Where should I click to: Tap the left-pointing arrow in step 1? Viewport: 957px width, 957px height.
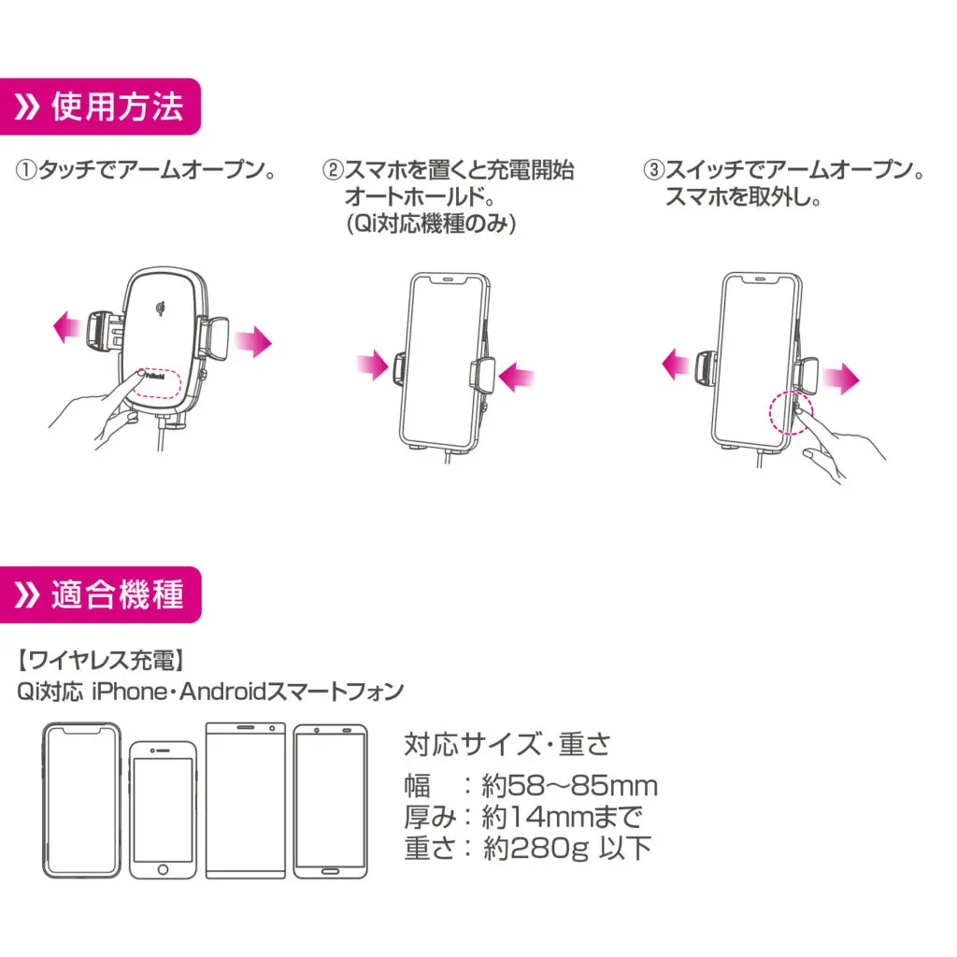[x=66, y=329]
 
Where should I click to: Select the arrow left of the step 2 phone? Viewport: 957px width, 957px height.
[x=372, y=365]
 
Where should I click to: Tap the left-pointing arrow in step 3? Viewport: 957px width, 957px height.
[x=677, y=365]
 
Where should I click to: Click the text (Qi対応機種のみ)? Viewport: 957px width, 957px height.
[x=431, y=224]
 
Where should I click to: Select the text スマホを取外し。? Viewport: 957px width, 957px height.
[x=743, y=198]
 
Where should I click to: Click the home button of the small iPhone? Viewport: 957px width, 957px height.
[x=163, y=868]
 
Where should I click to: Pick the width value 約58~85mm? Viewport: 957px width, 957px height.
[x=569, y=785]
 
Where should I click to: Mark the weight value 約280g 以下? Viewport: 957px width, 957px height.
[x=566, y=848]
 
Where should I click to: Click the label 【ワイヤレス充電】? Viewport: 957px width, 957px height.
[x=97, y=661]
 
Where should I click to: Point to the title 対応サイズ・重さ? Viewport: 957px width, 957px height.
[x=507, y=745]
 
